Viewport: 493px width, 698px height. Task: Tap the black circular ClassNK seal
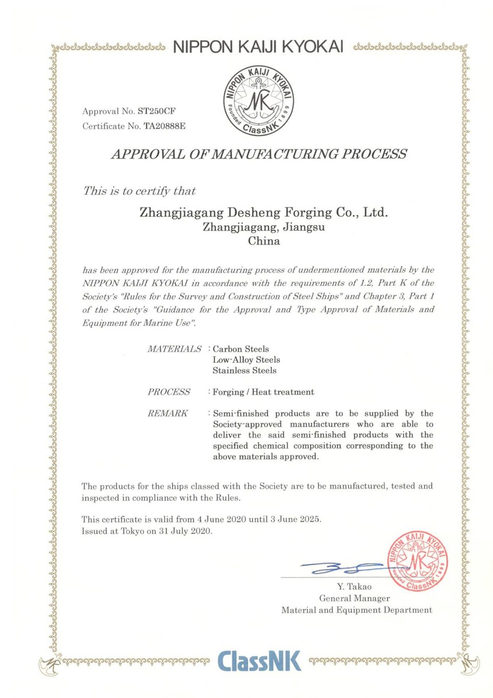click(259, 100)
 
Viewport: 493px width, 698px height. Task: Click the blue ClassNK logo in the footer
click(260, 661)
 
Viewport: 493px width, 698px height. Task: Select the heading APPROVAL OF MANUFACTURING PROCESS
click(259, 154)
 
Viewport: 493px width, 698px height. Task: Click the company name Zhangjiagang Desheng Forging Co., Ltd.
click(264, 213)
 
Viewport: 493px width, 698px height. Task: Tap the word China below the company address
click(264, 241)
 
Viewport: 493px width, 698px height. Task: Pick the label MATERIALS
click(175, 349)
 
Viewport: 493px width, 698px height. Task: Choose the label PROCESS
click(169, 392)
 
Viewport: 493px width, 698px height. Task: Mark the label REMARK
click(168, 414)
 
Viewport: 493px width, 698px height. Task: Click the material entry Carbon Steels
click(241, 349)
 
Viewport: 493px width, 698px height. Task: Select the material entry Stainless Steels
click(245, 371)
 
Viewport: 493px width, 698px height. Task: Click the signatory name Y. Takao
click(355, 586)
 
